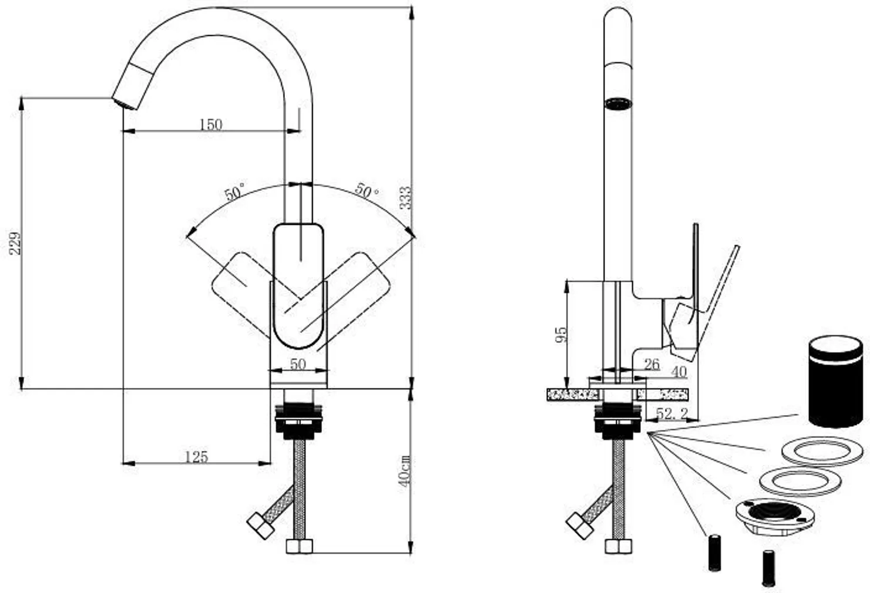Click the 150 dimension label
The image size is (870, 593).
210,124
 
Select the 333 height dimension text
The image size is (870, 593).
405,198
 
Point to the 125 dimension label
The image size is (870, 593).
196,457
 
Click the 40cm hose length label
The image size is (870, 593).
404,471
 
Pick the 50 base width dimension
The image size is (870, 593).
298,364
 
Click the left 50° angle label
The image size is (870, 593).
234,192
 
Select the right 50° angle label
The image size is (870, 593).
367,191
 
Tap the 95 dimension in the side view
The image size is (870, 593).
561,335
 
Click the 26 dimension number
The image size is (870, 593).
651,364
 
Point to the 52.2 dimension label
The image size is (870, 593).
671,413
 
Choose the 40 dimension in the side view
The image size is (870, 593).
678,372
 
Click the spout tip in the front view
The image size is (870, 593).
125,103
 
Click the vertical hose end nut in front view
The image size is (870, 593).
300,547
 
